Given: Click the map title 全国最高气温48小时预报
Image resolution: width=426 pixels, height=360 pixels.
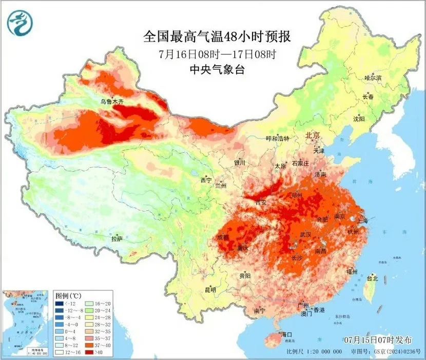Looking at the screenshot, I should [217, 37].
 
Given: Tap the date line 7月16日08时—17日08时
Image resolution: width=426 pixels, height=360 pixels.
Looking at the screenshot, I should [218, 54].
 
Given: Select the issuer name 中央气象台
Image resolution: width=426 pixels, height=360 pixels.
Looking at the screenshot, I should [218, 70].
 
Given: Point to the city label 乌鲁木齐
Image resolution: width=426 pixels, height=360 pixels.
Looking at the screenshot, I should [112, 102].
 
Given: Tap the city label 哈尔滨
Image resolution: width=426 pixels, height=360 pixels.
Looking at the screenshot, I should [373, 78].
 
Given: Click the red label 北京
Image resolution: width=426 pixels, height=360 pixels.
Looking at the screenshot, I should [312, 135].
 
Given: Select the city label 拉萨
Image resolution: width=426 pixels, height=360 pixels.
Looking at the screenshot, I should [117, 238].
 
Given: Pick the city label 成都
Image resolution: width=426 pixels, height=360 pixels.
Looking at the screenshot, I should [223, 237].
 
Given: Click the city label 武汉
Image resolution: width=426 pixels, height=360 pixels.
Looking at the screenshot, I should [305, 234].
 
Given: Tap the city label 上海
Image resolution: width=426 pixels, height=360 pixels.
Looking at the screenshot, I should [362, 221].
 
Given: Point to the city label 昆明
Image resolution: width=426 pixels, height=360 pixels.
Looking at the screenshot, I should [210, 290].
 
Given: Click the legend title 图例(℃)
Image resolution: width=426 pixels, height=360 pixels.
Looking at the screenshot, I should [70, 296].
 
